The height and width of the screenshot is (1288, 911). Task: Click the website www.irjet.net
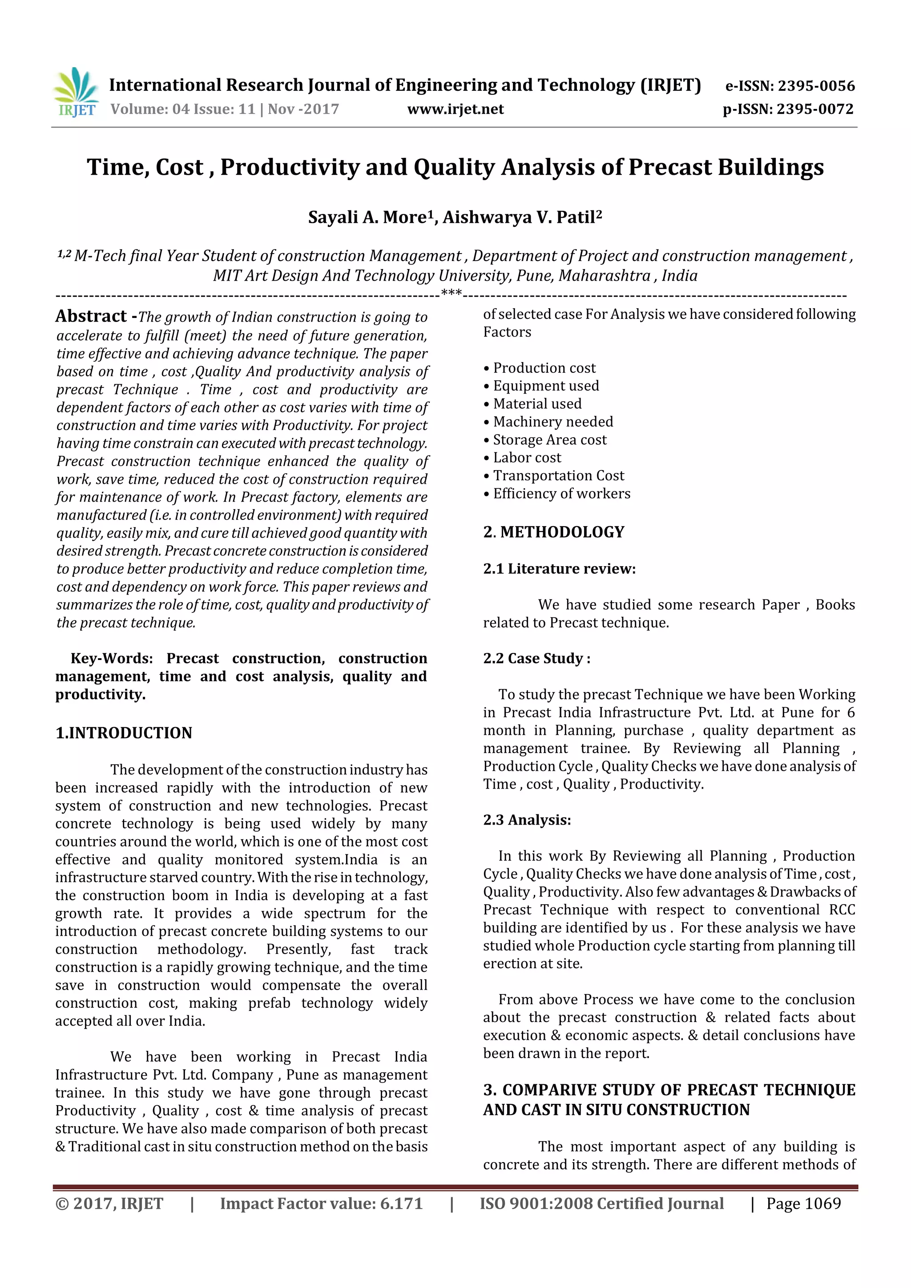455,109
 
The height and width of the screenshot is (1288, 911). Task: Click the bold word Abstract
92,316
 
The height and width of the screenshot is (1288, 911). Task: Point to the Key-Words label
112,658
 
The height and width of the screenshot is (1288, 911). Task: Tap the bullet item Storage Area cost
549,439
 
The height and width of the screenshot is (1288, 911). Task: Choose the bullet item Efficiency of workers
561,493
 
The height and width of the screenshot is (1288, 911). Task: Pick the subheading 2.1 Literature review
559,569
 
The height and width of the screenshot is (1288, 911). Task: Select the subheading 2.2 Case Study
536,658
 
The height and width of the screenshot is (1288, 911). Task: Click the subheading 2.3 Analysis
527,820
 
